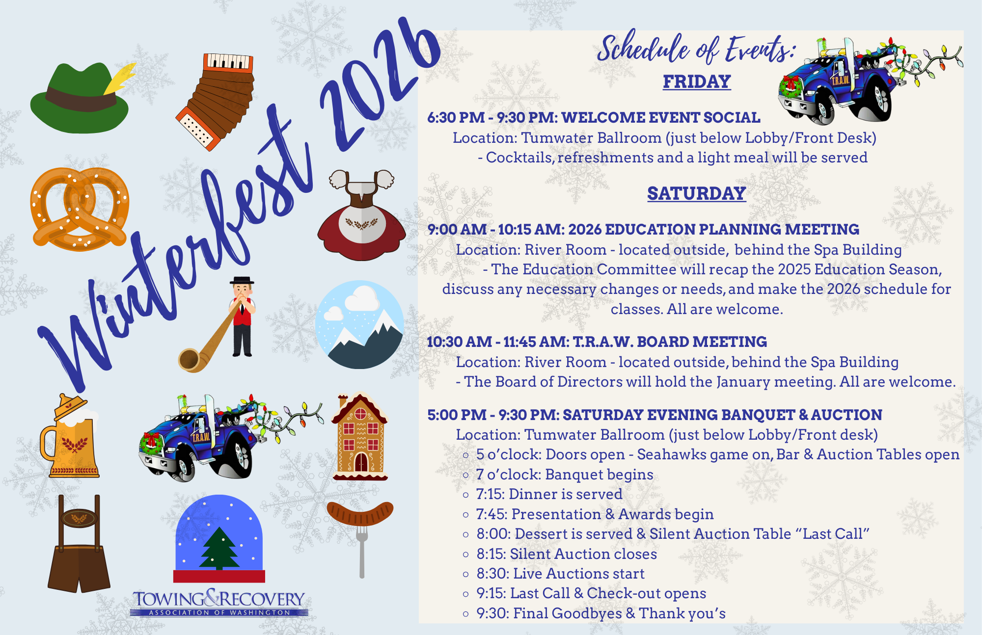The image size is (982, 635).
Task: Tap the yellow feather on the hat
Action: [x=120, y=78]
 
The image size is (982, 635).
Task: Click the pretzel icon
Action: [x=80, y=209]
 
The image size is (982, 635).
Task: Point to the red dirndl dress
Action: [x=362, y=216]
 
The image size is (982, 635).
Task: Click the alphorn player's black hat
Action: [x=242, y=281]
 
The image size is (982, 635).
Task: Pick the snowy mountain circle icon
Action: [x=360, y=325]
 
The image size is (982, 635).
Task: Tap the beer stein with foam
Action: [x=70, y=436]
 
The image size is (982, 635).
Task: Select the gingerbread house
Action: [x=360, y=436]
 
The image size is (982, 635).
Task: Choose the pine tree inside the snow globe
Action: [x=219, y=549]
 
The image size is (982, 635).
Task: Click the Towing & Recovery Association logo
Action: [x=219, y=603]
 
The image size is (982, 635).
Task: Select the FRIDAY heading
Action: [x=697, y=81]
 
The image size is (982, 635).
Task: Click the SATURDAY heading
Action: [x=696, y=193]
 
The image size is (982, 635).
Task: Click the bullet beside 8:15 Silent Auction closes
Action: [x=466, y=555]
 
